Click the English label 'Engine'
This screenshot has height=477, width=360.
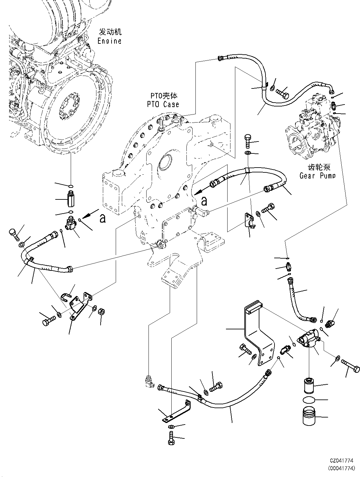109,41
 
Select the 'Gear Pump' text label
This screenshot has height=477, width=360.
317,176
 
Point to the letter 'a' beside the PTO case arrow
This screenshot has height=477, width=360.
204,201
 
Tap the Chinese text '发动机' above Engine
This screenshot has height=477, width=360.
110,32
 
